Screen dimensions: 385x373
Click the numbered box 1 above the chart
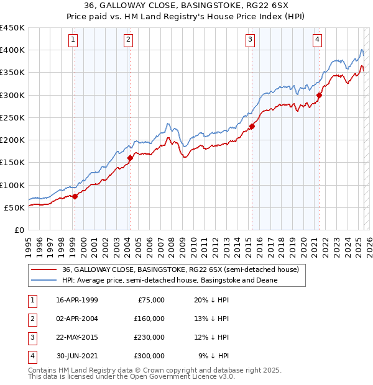73,40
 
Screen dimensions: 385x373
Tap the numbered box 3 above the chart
250,40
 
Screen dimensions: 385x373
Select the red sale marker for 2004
130,158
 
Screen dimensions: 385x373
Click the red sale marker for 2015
252,127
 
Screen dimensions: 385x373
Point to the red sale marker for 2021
320,95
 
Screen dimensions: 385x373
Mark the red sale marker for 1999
75,196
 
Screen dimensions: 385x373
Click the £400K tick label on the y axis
12,50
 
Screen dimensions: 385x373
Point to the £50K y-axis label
14,207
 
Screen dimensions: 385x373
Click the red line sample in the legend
44,269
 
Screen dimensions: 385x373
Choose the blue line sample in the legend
44,280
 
